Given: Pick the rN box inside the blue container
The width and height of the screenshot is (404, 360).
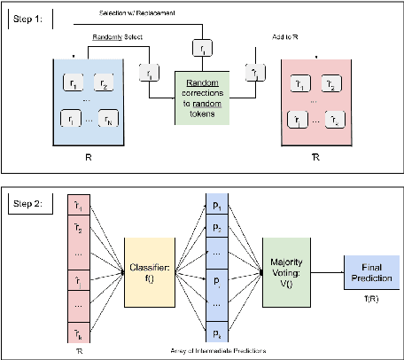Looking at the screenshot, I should [x=111, y=120].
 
